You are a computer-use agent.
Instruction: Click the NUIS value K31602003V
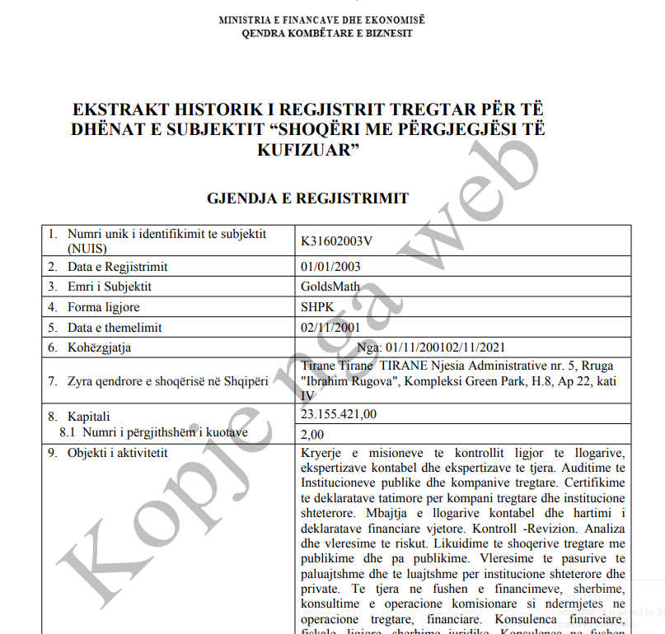337,240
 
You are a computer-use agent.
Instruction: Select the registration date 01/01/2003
331,267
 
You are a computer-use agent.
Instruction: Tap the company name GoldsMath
328,287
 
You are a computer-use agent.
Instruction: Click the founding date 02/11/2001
331,327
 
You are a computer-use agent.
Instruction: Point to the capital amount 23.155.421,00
340,414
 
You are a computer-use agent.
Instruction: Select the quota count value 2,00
313,434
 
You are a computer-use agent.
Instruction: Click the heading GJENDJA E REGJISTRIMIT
308,198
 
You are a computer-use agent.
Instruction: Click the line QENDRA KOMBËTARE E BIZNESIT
326,34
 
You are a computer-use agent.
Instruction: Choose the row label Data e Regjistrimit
117,267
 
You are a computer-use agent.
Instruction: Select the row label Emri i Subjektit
110,287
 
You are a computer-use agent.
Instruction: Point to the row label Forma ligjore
103,307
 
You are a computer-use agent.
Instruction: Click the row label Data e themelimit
114,327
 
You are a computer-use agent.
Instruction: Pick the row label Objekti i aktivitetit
118,454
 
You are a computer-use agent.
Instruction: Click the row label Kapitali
88,417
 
